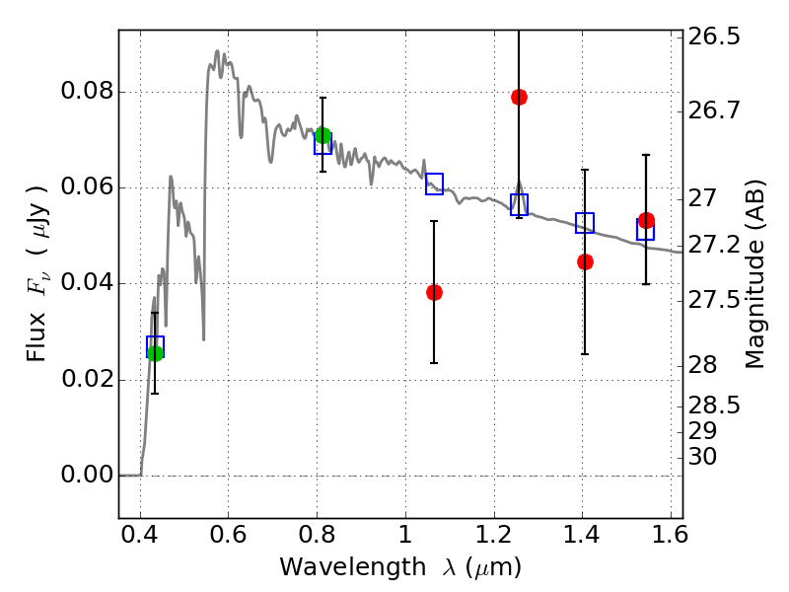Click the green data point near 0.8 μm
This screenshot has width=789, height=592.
(323, 135)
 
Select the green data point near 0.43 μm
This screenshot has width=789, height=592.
(155, 353)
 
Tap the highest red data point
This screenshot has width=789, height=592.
(519, 97)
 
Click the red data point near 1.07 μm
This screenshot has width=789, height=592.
(434, 292)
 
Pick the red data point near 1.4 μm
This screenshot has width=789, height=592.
(585, 261)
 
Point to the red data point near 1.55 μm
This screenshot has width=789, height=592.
(646, 220)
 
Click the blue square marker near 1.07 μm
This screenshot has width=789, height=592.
(434, 184)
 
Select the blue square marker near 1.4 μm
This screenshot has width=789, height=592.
(585, 223)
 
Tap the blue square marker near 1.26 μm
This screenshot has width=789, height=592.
(519, 204)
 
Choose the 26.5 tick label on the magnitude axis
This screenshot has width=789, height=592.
(715, 37)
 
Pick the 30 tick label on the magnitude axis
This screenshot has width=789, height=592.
(703, 457)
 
